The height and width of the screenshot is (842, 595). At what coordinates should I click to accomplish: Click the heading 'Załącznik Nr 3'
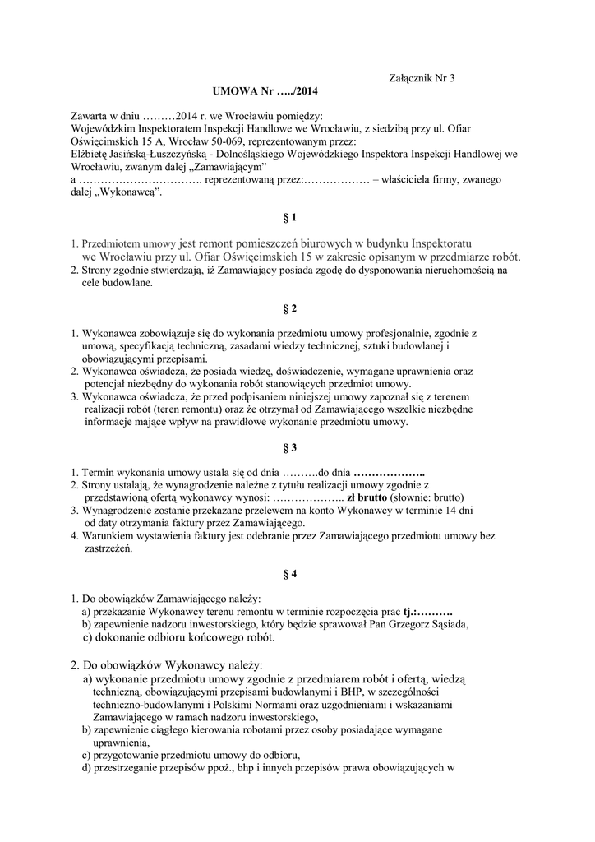[x=420, y=78]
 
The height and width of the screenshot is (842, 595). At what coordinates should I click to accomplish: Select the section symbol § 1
[x=289, y=218]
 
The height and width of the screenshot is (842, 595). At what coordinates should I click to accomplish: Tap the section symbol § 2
[x=289, y=308]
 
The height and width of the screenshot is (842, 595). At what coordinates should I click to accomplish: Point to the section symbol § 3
[x=289, y=448]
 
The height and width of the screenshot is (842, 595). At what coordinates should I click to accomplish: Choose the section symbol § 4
[x=289, y=575]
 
